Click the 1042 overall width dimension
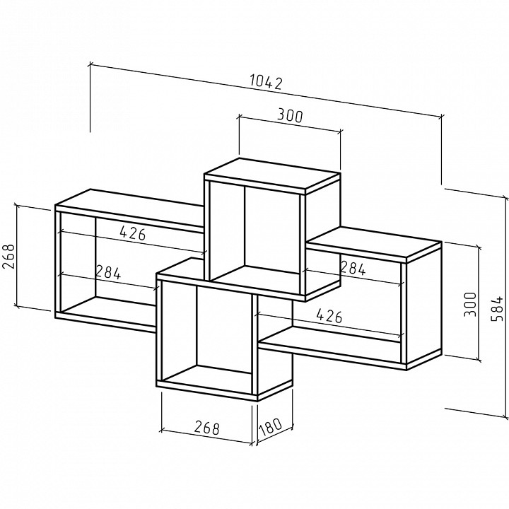266,82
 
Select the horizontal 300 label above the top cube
290,116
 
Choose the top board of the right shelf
375,245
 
